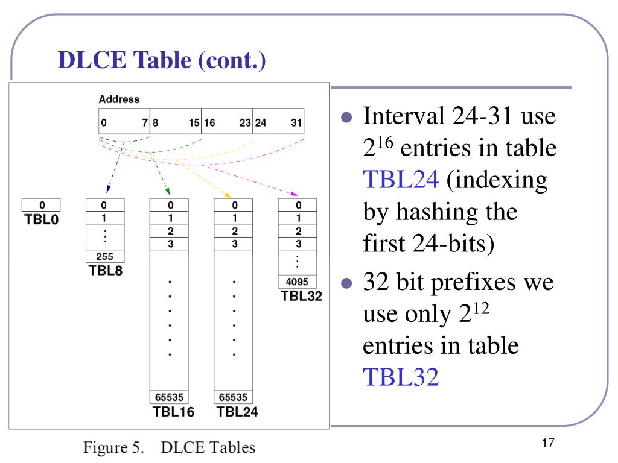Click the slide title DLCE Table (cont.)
pos(162,60)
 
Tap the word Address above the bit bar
pos(119,99)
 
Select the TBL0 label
pos(42,219)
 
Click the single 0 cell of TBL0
pos(41,205)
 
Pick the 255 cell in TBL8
pos(105,256)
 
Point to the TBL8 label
pos(106,271)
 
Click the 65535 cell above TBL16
pos(169,397)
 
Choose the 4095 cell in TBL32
pos(297,281)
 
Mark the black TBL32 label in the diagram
pos(301,296)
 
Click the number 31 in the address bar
pos(296,123)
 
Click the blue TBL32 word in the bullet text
pos(401,378)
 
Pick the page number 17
pos(548,444)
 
